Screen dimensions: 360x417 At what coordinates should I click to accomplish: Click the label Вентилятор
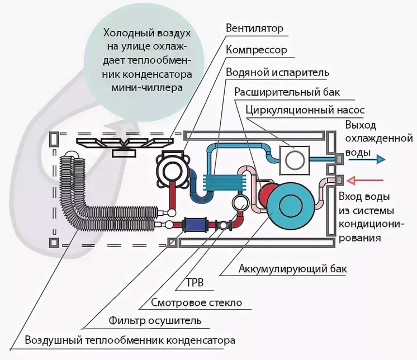click(x=255, y=28)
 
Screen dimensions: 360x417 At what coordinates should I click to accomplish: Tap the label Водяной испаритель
click(x=277, y=73)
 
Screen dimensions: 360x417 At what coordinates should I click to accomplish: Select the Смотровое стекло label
click(x=196, y=304)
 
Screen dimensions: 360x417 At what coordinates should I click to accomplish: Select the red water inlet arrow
click(x=367, y=179)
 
